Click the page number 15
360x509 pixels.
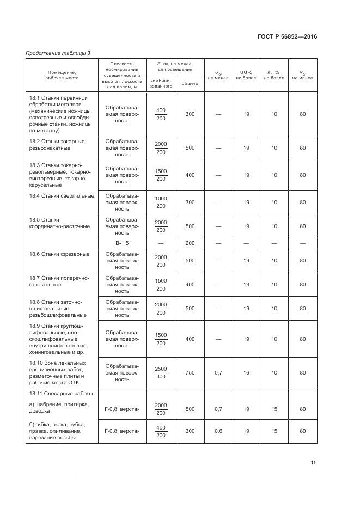[314, 463]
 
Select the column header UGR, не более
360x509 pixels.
[246, 75]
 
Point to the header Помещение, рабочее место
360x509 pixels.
[62, 75]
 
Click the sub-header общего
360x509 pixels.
[190, 83]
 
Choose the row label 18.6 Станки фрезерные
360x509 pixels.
[59, 254]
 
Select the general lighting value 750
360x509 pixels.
[190, 373]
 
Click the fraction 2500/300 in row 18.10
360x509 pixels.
[161, 373]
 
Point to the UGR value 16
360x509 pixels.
[246, 373]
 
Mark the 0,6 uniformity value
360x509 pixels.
[218, 431]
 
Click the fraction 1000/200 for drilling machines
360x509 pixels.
[161, 202]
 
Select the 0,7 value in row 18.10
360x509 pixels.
[218, 373]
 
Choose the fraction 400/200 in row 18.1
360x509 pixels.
[161, 114]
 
